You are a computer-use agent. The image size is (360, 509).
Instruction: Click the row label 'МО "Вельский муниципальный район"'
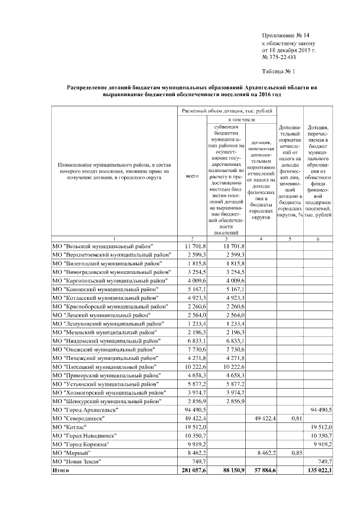103,246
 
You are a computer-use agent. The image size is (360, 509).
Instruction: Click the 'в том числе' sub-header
242,120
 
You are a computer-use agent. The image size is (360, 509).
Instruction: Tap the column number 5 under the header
291,238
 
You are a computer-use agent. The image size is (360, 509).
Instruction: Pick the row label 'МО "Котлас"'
71,427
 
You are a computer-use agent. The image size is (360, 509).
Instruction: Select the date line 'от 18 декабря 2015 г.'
289,50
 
